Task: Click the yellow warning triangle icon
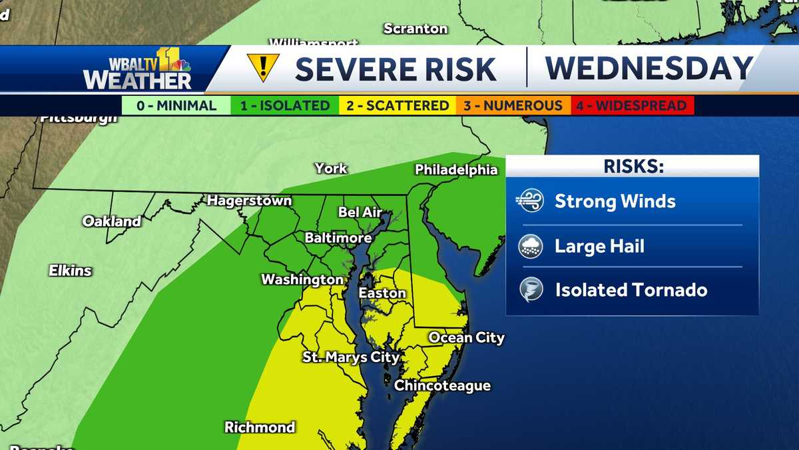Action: pos(263,67)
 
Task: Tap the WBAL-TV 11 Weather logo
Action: pos(137,69)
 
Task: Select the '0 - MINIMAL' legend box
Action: pos(176,105)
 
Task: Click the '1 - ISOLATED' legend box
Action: pos(285,105)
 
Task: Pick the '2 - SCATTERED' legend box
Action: pos(398,105)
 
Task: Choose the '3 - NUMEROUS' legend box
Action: pos(513,105)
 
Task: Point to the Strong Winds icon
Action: pos(531,201)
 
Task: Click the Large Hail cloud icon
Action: pos(531,246)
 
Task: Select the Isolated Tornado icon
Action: pos(531,290)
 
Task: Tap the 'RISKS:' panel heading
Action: pos(633,166)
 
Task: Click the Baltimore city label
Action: pos(338,237)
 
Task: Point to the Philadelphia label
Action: pos(456,169)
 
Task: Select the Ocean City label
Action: pos(466,337)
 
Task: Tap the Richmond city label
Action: pos(260,427)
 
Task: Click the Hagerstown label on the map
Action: pos(249,200)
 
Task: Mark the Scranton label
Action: pos(415,29)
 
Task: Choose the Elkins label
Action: pos(70,271)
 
